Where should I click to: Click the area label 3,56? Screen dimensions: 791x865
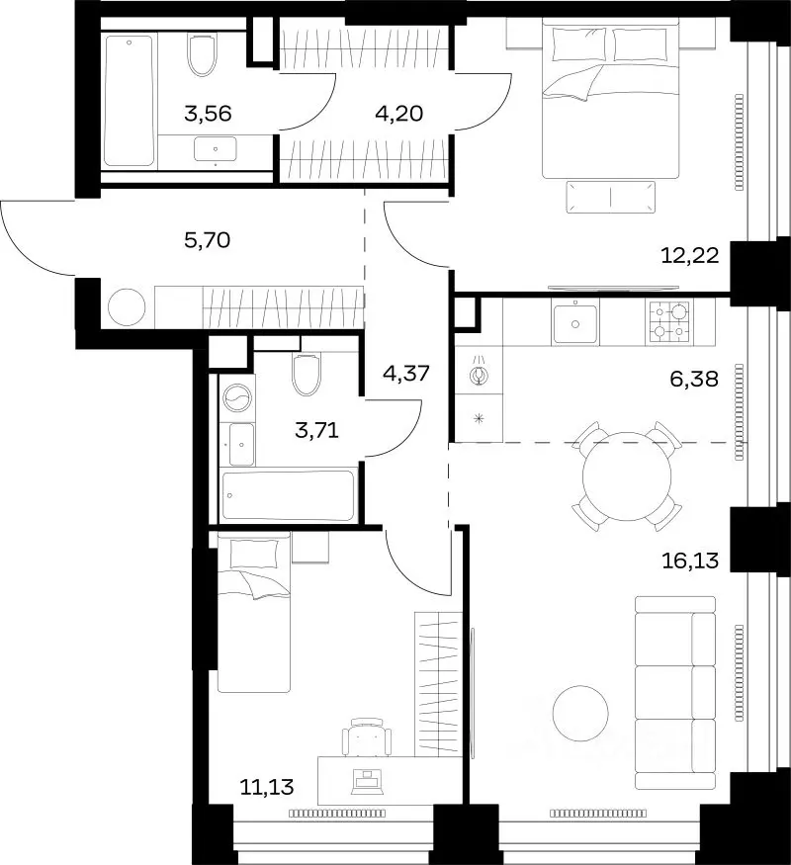click(208, 114)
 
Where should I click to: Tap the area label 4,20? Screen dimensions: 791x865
click(398, 113)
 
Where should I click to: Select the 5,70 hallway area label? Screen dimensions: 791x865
click(207, 240)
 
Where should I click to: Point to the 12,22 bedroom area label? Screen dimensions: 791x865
click(689, 255)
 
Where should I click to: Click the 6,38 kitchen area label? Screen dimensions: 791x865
click(694, 379)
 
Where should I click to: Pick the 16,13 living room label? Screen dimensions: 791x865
click(689, 562)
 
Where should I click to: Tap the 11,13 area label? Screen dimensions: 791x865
click(267, 787)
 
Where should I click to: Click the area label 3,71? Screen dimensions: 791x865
click(316, 430)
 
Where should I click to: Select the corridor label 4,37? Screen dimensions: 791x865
click(406, 374)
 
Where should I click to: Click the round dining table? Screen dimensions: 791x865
click(627, 476)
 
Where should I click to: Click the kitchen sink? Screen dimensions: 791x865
click(574, 324)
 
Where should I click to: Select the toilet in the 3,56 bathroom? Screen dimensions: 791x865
click(202, 54)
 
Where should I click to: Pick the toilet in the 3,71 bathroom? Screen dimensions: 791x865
click(307, 375)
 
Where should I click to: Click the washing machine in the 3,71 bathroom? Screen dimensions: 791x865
click(237, 397)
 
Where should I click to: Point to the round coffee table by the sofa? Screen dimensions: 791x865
click(580, 714)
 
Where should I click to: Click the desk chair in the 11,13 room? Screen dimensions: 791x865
click(367, 737)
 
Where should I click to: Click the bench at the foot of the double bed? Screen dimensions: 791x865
click(611, 197)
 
